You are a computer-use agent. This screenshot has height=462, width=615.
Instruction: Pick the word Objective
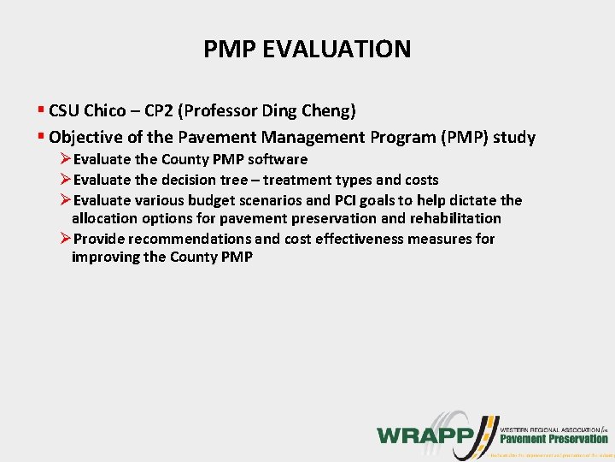(x=85, y=137)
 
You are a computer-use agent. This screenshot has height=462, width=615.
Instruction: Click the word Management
(x=303, y=137)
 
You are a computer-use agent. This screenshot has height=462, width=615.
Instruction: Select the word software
(x=278, y=159)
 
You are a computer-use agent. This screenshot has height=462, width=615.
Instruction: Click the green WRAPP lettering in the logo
(x=425, y=434)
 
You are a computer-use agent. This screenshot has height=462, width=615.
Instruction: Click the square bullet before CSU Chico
(x=41, y=110)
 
